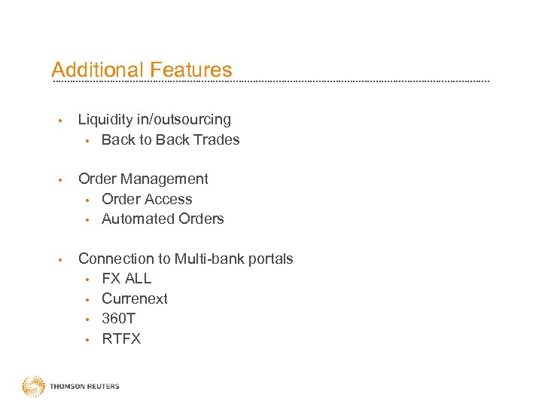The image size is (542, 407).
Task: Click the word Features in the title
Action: pos(191,70)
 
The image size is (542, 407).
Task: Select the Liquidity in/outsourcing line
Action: pos(154,120)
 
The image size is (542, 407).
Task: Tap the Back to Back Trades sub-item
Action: pos(170,139)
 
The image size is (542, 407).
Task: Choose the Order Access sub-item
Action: pos(147,200)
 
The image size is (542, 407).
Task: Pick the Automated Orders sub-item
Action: pos(163,219)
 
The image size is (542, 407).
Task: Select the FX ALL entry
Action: pos(126,279)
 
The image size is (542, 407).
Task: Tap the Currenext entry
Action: pos(135,299)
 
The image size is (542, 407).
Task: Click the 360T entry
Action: pos(118,319)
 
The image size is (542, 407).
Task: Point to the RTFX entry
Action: pos(121,339)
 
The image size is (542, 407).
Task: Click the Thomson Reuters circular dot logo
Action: pos(33,387)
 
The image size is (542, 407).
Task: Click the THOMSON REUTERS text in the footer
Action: pos(84,387)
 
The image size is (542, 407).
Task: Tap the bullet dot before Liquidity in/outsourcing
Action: pos(59,120)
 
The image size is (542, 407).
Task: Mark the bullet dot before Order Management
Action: pos(59,179)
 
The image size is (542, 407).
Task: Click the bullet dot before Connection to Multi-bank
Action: pos(59,259)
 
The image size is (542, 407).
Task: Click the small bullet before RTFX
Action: pos(87,340)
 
